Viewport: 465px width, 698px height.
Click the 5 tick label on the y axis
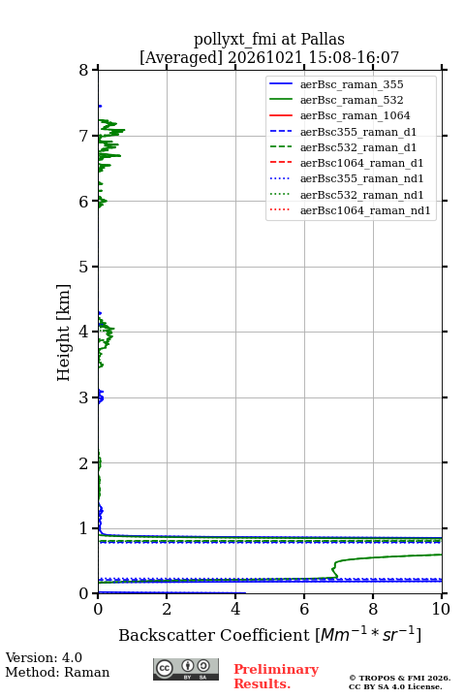pos(83,267)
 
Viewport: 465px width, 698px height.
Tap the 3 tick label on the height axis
pos(83,397)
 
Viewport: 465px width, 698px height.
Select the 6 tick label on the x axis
pos(304,609)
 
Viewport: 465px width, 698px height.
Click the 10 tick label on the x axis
pos(442,609)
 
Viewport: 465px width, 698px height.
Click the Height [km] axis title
pos(63,333)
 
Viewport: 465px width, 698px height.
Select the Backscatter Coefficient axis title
pos(269,635)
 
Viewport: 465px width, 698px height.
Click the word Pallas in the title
pos(323,39)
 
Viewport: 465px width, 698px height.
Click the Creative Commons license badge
pos(186,669)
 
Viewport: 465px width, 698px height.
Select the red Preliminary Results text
pos(276,677)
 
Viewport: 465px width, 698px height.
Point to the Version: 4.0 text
pos(44,657)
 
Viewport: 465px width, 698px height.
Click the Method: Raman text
pos(57,672)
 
